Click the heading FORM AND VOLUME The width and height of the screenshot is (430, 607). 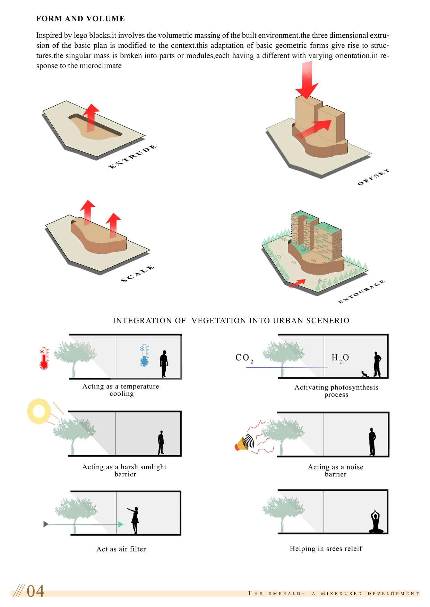tap(80, 19)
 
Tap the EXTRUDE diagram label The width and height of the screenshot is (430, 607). tap(133, 157)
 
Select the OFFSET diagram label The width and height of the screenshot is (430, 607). tap(373, 177)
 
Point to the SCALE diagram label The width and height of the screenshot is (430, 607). tap(137, 274)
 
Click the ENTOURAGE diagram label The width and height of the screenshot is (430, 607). tap(361, 292)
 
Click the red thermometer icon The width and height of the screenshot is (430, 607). tap(44, 358)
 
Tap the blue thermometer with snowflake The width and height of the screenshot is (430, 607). tap(144, 355)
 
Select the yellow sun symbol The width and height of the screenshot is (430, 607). tap(39, 411)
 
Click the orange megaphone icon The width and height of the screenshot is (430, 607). tap(242, 444)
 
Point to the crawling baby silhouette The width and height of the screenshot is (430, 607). tap(364, 374)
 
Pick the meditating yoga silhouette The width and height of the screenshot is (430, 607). tap(376, 521)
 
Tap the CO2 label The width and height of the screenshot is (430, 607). tap(244, 358)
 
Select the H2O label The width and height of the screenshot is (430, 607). tap(340, 358)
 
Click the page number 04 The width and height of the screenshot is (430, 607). tap(35, 591)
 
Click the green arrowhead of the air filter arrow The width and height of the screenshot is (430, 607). tap(121, 524)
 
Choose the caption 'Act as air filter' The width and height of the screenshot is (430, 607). tap(121, 549)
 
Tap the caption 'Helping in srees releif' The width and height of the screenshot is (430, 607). tap(326, 549)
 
